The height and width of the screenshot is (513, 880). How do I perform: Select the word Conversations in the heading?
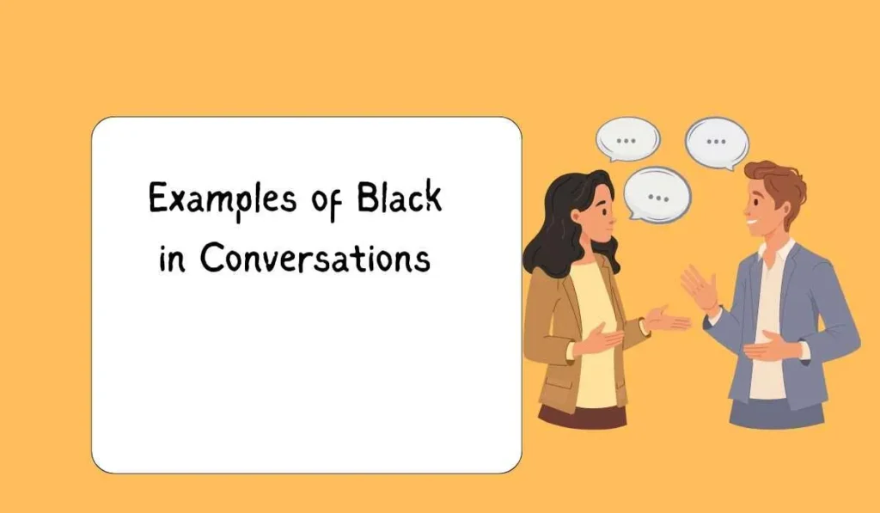[x=315, y=258]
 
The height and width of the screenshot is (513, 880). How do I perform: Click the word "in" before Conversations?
[x=172, y=258]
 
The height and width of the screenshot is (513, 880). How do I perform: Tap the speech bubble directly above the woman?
[x=627, y=137]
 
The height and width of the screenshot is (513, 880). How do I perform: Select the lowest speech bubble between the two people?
[x=657, y=194]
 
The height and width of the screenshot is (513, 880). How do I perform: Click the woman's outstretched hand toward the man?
[x=666, y=320]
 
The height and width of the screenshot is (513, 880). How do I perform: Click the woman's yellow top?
[x=593, y=335]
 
